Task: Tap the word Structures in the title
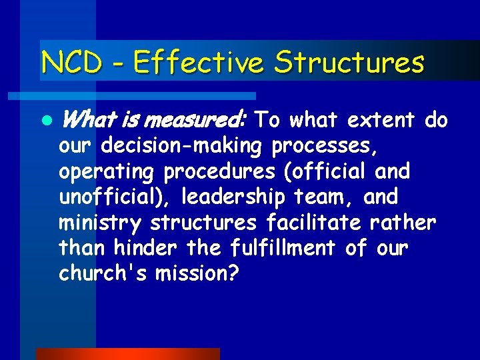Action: (x=349, y=63)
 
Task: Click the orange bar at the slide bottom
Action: (x=127, y=354)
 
